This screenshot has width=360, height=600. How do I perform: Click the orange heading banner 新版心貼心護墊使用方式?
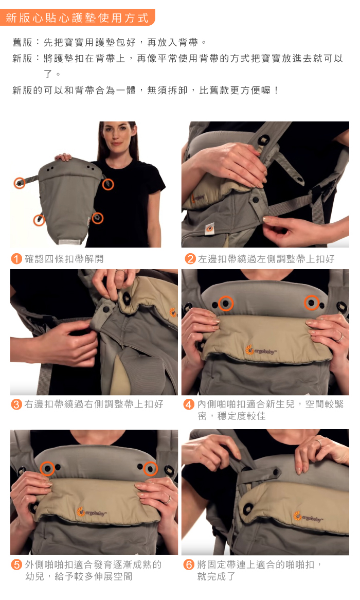(78, 17)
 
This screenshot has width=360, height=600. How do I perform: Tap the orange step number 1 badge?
(16, 259)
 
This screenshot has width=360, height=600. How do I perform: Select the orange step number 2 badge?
(190, 259)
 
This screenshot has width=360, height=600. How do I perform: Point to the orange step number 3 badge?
(16, 404)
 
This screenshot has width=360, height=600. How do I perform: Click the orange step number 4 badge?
(189, 404)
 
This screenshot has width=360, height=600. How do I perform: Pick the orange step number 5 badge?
(16, 565)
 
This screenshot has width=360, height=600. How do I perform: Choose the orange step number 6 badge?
(189, 565)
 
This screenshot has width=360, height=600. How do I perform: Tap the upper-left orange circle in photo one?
(20, 183)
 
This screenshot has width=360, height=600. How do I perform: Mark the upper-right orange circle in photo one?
(109, 184)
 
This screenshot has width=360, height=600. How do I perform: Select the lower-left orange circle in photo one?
(39, 220)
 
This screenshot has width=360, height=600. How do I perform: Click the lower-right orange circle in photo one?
(98, 218)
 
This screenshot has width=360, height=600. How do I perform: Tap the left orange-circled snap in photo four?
(226, 304)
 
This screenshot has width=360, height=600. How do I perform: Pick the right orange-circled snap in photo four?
(312, 303)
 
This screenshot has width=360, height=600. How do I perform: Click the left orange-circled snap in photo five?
(47, 468)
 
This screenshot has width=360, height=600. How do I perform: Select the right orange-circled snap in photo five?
(150, 468)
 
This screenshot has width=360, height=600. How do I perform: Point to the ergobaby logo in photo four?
(261, 350)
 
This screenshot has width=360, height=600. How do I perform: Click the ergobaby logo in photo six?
(309, 517)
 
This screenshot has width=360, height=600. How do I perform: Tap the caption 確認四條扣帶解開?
(64, 259)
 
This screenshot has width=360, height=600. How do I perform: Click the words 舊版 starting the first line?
(22, 43)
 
